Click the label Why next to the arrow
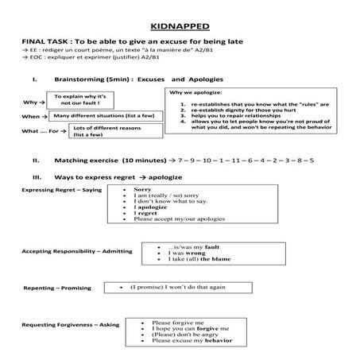tap(29, 103)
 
